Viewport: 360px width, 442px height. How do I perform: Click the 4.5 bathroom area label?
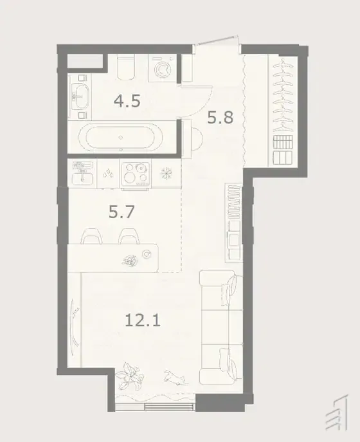(127, 101)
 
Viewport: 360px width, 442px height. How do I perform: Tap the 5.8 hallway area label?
(221, 117)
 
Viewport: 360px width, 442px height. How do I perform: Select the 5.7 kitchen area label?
(122, 212)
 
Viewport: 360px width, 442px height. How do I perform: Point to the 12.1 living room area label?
(143, 320)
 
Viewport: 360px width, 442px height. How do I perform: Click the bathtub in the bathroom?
(121, 138)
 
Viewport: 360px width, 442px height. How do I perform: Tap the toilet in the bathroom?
(125, 68)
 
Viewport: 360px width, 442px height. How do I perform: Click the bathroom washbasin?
(80, 97)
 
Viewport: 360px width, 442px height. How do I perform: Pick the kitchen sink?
(82, 174)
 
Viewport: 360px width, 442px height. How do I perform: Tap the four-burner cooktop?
(135, 174)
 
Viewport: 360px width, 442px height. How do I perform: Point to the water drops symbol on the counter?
(109, 173)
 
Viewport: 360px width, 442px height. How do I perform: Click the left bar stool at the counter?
(91, 236)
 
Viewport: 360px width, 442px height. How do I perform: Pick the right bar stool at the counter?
(129, 236)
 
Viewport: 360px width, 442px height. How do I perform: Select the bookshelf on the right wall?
(233, 223)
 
